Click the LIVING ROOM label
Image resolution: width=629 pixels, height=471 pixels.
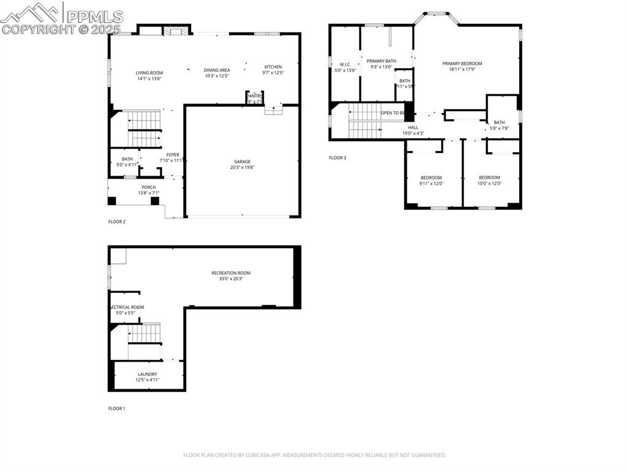[149, 73]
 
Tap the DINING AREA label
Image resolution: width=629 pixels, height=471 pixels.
[217, 70]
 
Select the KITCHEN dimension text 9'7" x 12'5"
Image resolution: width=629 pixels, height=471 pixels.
[273, 73]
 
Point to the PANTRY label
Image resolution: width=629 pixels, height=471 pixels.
[254, 96]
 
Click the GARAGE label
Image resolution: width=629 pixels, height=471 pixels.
[242, 162]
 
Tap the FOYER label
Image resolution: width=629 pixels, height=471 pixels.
[173, 155]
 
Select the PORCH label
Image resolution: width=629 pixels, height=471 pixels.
[149, 187]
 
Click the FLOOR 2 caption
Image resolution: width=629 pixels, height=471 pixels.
[117, 222]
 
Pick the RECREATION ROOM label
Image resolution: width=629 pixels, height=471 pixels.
[231, 273]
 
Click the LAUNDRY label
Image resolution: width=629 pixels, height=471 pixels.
[147, 374]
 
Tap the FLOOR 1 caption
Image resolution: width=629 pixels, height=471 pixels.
[116, 408]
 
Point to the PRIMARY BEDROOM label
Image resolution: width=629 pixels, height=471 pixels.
[462, 63]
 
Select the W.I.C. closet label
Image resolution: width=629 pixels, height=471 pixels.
[345, 64]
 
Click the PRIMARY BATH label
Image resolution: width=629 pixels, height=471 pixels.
[381, 61]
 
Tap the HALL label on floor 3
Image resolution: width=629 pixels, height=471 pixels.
[413, 127]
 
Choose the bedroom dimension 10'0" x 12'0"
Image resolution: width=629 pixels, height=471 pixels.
[490, 184]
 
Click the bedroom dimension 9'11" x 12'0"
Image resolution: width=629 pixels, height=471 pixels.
[431, 184]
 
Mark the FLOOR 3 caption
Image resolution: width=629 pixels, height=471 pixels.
[337, 158]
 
